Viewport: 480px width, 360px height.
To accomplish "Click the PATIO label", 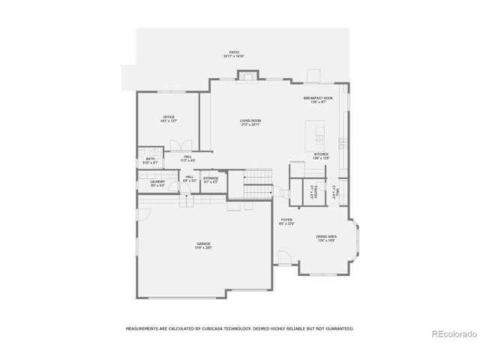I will pyautogui.click(x=234, y=53).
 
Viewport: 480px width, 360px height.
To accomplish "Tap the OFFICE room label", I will pyautogui.click(x=169, y=117).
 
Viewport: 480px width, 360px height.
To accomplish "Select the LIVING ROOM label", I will pyautogui.click(x=250, y=121).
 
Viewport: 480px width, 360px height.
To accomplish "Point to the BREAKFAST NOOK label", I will pyautogui.click(x=318, y=98).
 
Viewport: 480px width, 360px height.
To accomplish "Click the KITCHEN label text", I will pyautogui.click(x=321, y=154).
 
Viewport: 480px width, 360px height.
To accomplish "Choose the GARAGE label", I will pyautogui.click(x=204, y=244).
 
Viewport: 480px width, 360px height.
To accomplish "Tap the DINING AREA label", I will pyautogui.click(x=326, y=236).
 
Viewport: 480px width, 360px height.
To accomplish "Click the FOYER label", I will pyautogui.click(x=286, y=220).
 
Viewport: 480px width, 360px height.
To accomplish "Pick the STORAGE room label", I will pyautogui.click(x=211, y=178).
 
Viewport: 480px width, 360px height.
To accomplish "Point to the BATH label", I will pyautogui.click(x=150, y=158).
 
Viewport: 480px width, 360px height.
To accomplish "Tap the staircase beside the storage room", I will pyautogui.click(x=256, y=178).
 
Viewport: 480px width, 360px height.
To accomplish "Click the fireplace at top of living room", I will pyautogui.click(x=247, y=75).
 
